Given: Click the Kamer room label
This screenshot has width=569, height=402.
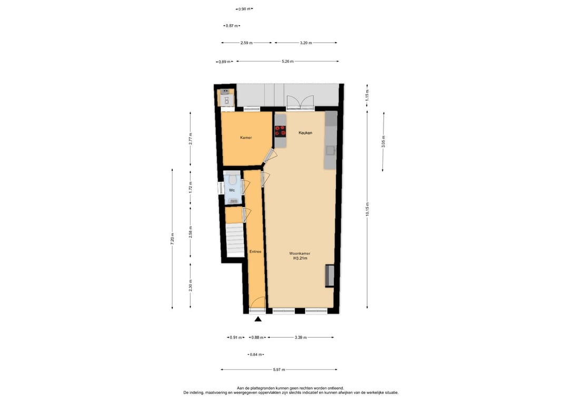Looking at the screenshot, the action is pyautogui.click(x=246, y=138).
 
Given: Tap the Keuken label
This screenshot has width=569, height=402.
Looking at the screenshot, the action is pyautogui.click(x=305, y=133).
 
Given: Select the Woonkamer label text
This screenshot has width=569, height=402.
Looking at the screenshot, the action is pyautogui.click(x=300, y=253).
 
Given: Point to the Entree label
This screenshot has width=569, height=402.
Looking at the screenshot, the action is pyautogui.click(x=255, y=251).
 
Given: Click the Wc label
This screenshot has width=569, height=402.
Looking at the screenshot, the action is pyautogui.click(x=232, y=190).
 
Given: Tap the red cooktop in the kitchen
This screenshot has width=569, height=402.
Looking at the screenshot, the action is pyautogui.click(x=280, y=131).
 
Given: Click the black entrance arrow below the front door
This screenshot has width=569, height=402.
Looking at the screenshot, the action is pyautogui.click(x=258, y=319).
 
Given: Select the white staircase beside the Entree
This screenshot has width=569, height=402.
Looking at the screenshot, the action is pyautogui.click(x=235, y=240).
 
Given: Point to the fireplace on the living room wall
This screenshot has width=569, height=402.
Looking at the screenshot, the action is pyautogui.click(x=329, y=276).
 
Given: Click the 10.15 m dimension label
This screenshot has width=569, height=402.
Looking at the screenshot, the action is pyautogui.click(x=367, y=209).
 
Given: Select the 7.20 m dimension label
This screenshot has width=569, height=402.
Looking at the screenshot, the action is pyautogui.click(x=172, y=239).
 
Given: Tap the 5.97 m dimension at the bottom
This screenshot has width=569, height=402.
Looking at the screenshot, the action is pyautogui.click(x=279, y=370).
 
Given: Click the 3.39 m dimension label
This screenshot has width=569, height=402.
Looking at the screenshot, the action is pyautogui.click(x=300, y=337).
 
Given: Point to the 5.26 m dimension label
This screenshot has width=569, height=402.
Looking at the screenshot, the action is pyautogui.click(x=288, y=61).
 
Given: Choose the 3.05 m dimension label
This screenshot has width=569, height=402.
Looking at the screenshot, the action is pyautogui.click(x=383, y=141).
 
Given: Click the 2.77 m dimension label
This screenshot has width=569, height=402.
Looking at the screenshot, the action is pyautogui.click(x=191, y=139).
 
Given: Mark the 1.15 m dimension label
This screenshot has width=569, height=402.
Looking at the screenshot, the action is pyautogui.click(x=367, y=95).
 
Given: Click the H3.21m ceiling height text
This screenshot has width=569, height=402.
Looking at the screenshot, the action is pyautogui.click(x=300, y=258).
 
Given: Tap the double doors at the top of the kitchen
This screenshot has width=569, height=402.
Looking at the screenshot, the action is pyautogui.click(x=300, y=102).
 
